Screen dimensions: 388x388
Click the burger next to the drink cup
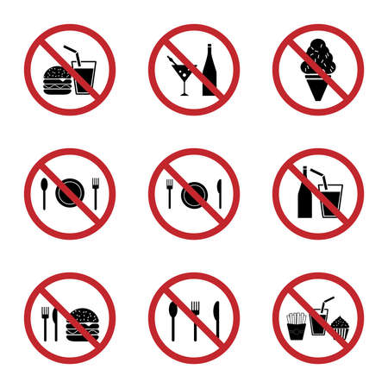coord(56,78)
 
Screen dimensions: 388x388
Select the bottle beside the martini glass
coord(210,72)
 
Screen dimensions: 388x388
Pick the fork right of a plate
coord(95,192)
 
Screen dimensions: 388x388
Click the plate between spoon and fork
coord(69,194)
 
